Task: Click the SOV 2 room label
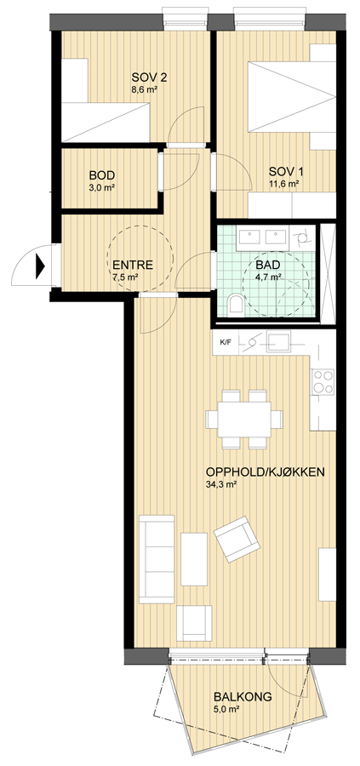(x=146, y=78)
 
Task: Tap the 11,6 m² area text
(x=283, y=184)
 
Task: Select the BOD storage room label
(x=101, y=175)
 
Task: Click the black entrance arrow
(x=40, y=268)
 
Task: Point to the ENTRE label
(x=133, y=266)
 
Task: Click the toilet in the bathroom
(x=237, y=303)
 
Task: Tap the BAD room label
(x=268, y=266)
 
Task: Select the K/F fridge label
(x=226, y=342)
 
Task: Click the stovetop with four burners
(x=323, y=382)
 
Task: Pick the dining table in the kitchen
(x=244, y=419)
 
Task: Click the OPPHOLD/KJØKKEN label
(x=266, y=472)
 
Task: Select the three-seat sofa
(x=157, y=559)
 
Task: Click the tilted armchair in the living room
(x=237, y=539)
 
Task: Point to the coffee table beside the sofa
(x=194, y=559)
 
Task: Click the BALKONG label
(x=243, y=697)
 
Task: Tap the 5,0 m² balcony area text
(x=226, y=709)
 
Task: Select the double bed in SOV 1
(x=292, y=97)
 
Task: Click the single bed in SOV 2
(x=106, y=122)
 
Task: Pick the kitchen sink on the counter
(x=278, y=342)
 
